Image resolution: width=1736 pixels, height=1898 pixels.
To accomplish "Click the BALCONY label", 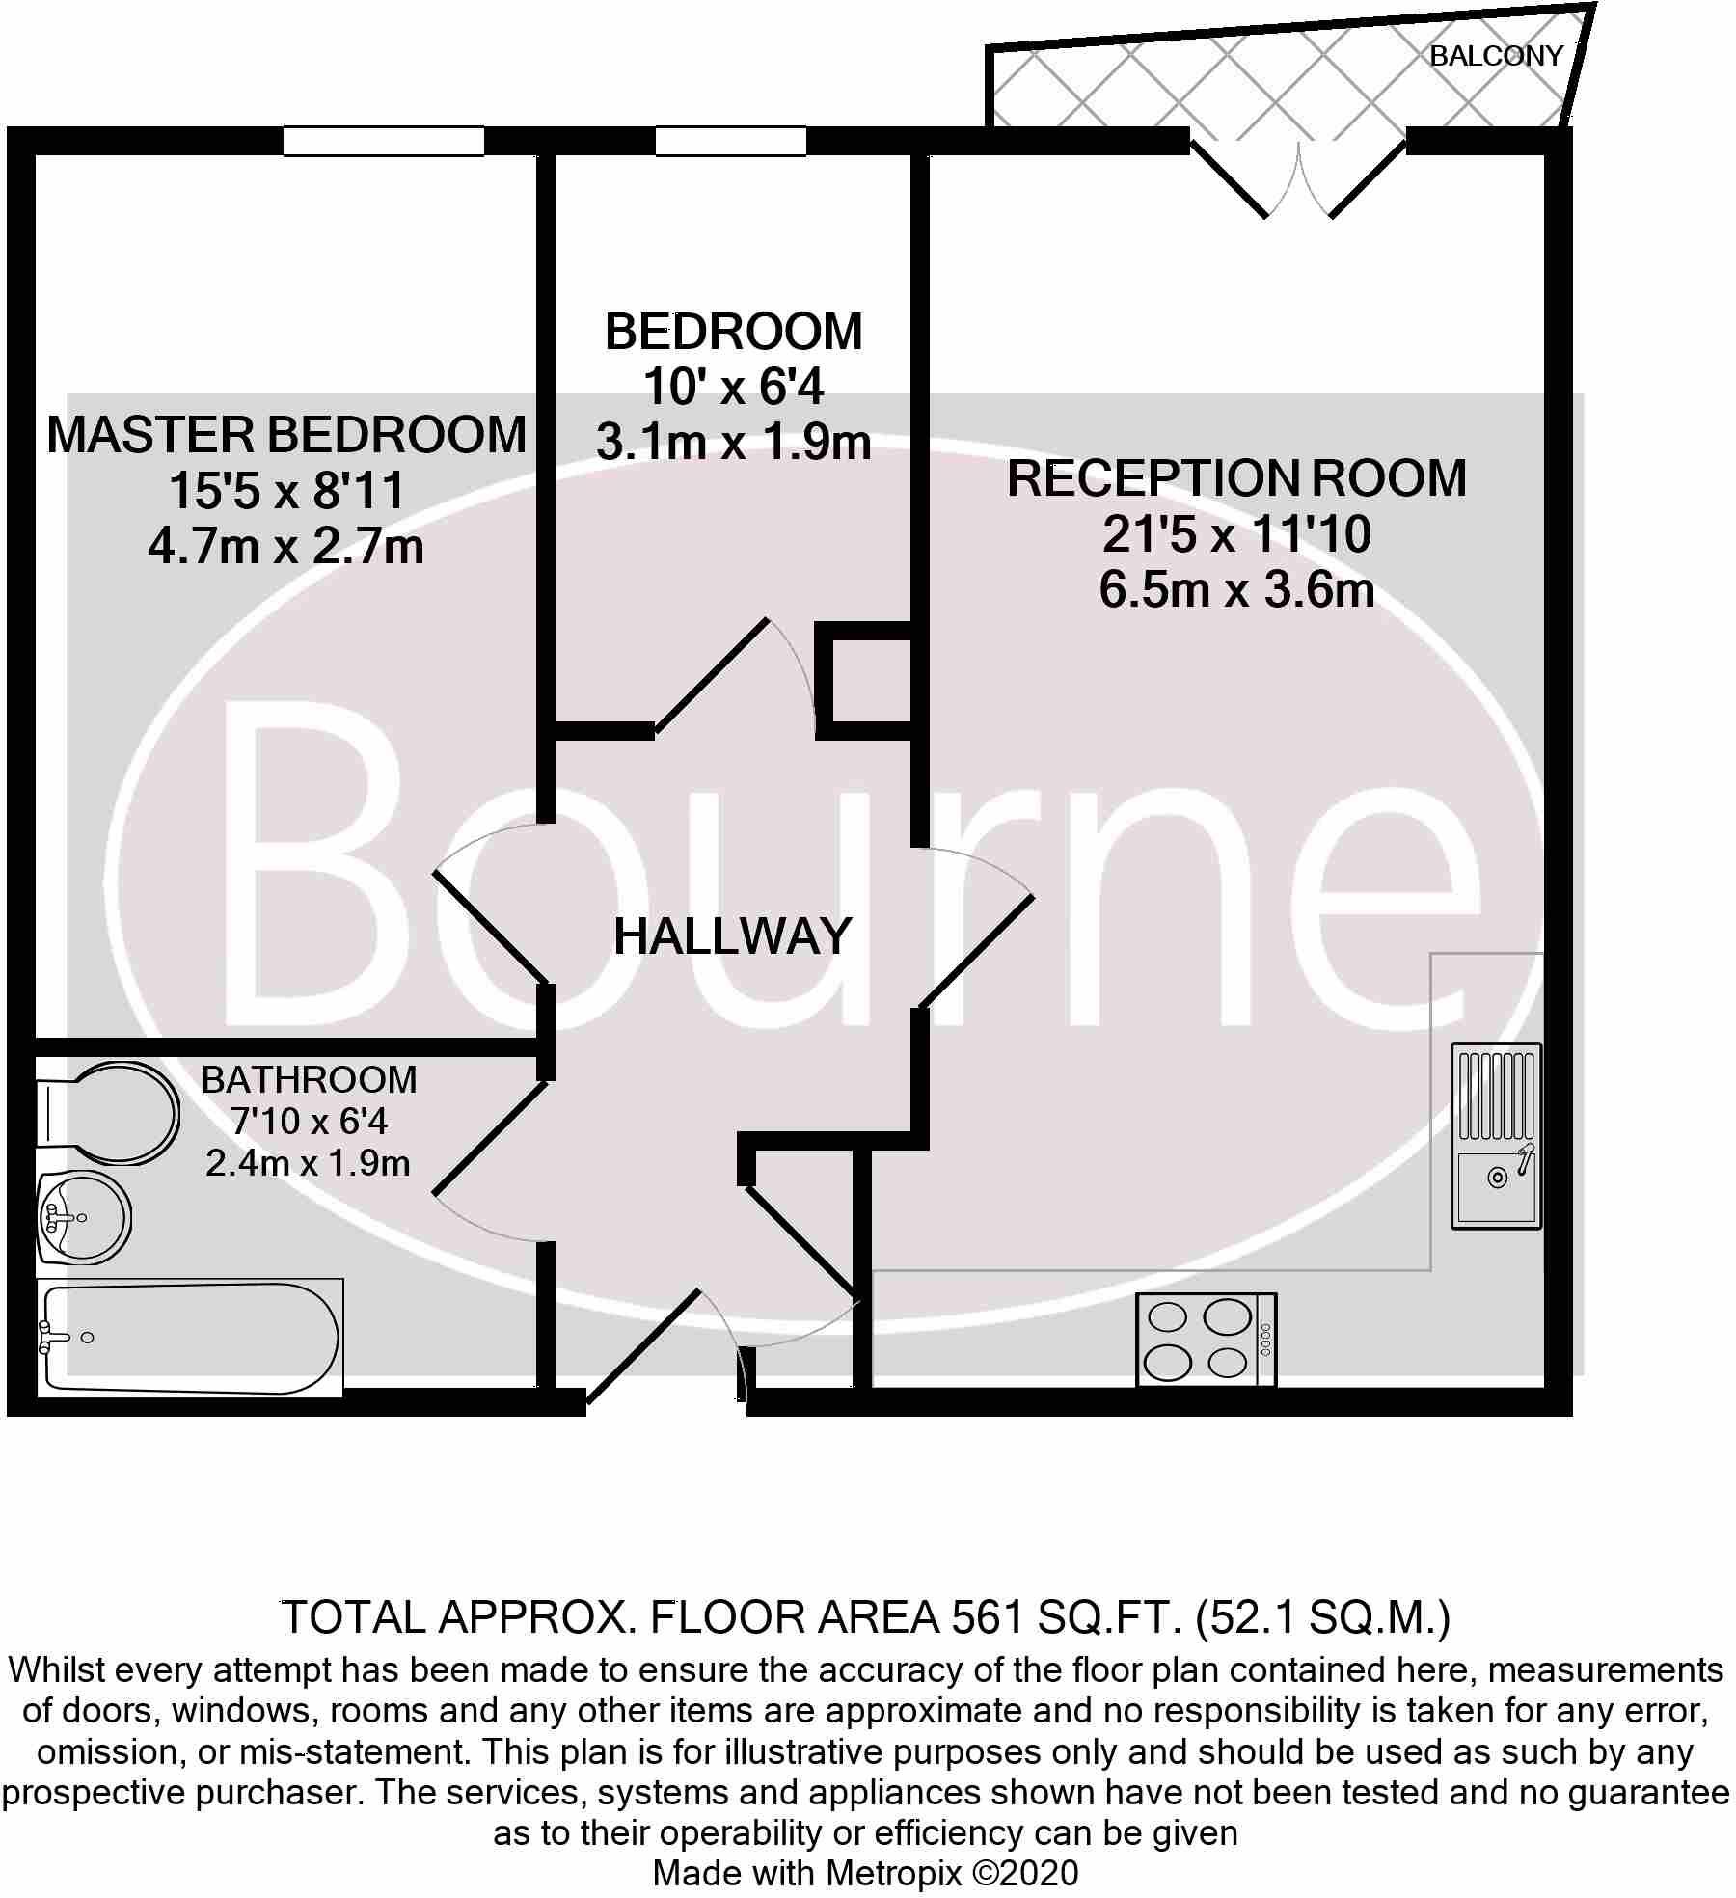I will (x=1495, y=56).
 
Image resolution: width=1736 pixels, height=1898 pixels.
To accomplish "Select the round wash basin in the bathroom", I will (x=84, y=1218).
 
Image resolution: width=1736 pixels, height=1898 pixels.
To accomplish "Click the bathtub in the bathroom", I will (x=189, y=1338).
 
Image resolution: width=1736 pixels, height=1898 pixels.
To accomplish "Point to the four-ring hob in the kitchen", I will (x=1207, y=1340).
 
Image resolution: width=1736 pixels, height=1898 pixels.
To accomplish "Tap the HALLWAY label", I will (x=733, y=936).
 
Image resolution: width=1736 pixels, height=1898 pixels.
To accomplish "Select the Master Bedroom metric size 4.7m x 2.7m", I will (x=286, y=548).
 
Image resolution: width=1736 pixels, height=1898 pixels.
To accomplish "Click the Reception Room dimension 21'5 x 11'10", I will (x=1236, y=534).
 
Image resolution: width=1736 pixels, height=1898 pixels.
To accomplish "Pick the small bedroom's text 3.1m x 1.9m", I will (x=733, y=444).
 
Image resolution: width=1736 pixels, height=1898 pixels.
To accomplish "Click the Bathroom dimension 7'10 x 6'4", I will (x=309, y=1122).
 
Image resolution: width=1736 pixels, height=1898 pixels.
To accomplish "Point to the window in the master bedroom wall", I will (x=383, y=142).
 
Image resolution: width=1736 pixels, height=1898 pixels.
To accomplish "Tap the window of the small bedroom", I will (x=730, y=142).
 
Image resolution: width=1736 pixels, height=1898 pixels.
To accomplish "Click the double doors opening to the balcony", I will (x=1297, y=178).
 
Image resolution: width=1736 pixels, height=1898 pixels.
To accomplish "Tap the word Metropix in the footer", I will (x=894, y=1873).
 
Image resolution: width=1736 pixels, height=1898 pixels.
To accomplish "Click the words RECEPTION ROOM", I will (x=1236, y=478).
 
